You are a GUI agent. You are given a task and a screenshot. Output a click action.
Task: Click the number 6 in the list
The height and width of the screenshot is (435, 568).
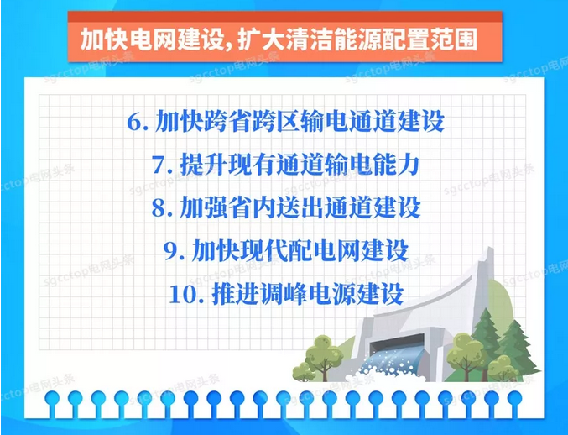(x=134, y=122)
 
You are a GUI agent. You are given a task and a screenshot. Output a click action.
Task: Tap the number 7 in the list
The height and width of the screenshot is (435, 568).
(x=159, y=165)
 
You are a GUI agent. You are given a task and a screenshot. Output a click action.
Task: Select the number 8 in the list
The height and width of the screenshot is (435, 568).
(x=159, y=207)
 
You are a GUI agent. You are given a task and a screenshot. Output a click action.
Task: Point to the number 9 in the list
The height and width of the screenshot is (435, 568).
(x=170, y=251)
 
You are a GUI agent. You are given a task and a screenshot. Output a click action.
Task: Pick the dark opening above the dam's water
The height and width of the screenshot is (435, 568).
(x=397, y=343)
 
